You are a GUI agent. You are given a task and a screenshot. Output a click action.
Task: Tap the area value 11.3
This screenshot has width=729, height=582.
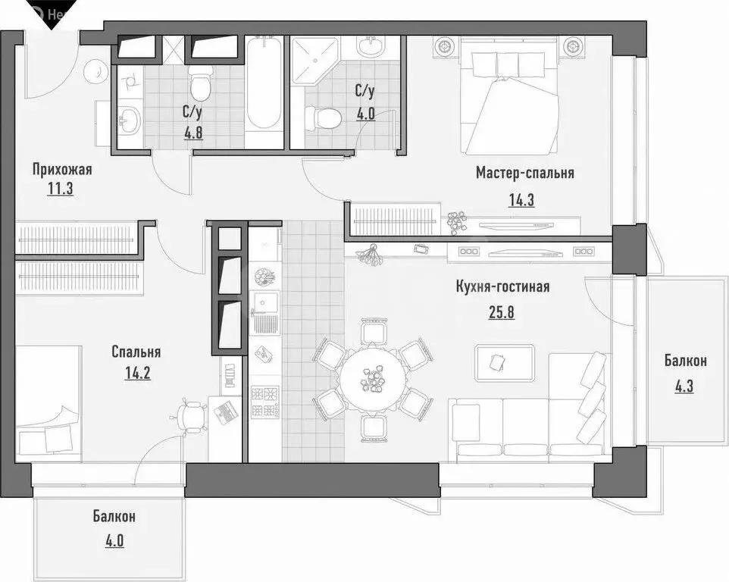tap(58, 189)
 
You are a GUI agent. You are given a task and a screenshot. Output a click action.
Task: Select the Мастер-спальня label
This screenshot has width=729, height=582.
tap(524, 173)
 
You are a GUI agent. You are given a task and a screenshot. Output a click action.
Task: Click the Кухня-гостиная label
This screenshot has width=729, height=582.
tap(502, 286)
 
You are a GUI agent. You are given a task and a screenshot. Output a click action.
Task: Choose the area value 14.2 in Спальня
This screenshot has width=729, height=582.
tap(135, 372)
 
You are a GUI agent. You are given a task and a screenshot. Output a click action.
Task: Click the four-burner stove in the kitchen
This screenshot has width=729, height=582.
tap(264, 402)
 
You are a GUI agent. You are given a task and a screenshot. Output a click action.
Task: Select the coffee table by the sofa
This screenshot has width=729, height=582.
tap(505, 361)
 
